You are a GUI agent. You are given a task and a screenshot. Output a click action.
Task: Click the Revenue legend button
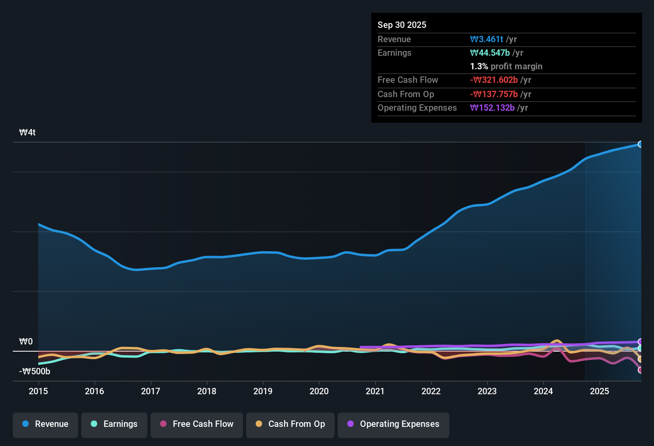45,424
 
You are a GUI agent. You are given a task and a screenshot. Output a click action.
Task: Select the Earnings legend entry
114,424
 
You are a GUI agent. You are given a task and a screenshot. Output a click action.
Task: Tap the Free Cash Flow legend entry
196,424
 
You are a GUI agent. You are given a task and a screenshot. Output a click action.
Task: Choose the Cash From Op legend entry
290,424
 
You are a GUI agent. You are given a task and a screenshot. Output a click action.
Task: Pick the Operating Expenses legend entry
393,424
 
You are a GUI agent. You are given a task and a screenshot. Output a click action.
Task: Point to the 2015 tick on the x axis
38,391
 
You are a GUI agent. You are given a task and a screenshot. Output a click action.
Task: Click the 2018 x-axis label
207,391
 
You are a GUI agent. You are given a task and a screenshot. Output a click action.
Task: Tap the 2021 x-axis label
375,391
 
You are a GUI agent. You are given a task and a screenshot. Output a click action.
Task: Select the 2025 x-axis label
599,391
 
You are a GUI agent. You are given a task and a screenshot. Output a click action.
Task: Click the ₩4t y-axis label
27,133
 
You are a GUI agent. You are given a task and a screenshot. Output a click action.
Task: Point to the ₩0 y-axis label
26,342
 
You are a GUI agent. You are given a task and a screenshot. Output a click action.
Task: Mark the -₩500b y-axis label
35,372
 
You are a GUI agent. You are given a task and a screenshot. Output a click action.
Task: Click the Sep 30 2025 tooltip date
401,25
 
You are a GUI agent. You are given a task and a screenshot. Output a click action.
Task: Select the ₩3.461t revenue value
486,39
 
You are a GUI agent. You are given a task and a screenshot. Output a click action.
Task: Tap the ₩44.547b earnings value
490,53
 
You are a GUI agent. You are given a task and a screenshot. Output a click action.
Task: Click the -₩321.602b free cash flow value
493,80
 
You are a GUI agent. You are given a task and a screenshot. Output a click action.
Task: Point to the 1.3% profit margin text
506,66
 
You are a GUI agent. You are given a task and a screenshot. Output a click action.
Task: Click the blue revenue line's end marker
640,144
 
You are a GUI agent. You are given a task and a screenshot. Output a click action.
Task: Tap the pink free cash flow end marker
640,370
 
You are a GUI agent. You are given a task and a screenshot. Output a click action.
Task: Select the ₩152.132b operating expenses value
492,108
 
